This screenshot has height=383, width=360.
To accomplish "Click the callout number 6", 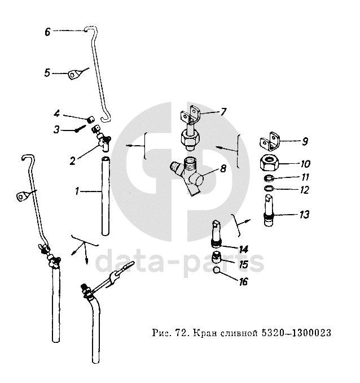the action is (x=47, y=32).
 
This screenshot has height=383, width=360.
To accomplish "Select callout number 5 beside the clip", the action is (x=47, y=72).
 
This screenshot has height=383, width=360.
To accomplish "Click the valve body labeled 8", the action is (x=191, y=178).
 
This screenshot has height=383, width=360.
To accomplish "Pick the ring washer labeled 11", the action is (x=269, y=179).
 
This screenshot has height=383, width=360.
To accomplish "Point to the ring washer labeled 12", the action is (x=269, y=189).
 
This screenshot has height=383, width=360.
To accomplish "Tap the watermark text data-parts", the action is (x=179, y=261).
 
